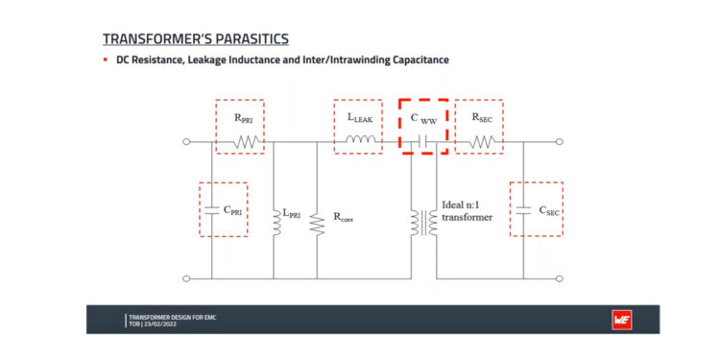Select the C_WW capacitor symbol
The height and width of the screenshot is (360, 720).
(x=422, y=143)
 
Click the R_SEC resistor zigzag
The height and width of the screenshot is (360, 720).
(x=483, y=143)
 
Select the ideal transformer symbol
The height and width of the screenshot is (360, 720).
(x=423, y=221)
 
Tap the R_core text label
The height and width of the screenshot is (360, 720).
(x=344, y=218)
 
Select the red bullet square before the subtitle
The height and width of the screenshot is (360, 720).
(x=106, y=60)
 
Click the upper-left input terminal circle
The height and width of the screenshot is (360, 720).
(x=185, y=143)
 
